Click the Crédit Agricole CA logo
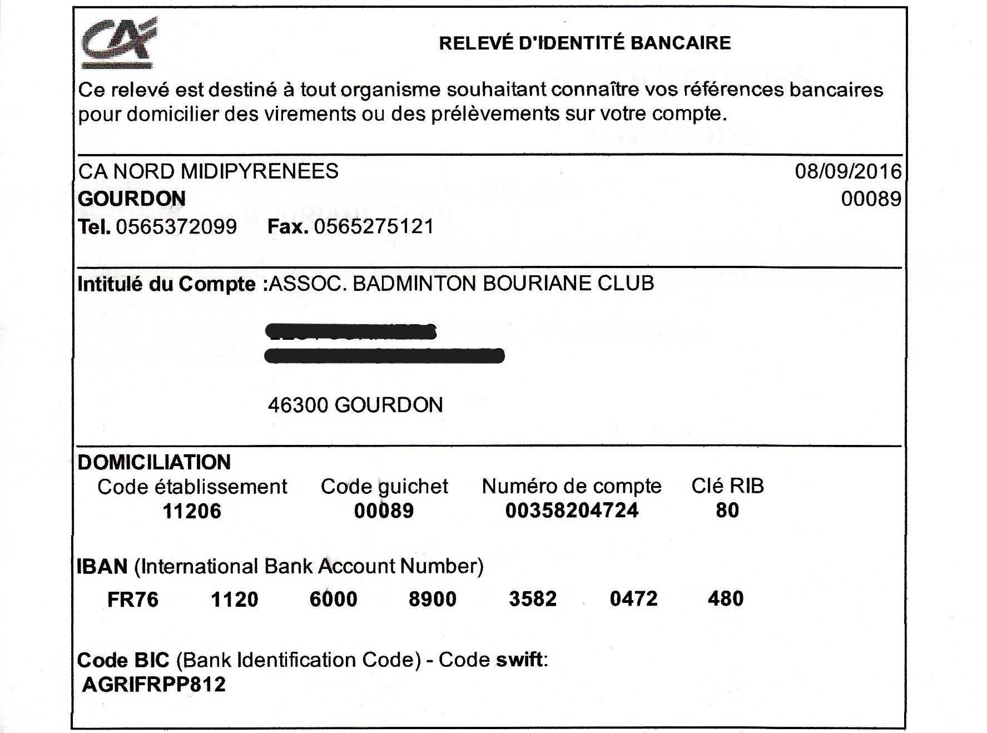pos(118,42)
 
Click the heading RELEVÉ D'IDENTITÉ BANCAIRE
pos(584,43)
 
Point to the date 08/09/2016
pos(847,171)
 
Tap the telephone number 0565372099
pos(176,227)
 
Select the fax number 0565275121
pos(374,227)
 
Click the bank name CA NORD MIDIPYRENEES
pos(208,171)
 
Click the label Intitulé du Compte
pos(167,284)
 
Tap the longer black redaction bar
pos(385,355)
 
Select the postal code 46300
pos(297,405)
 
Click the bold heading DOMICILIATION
pos(154,463)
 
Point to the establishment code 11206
pos(192,511)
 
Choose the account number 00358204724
pos(572,511)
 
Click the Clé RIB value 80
pos(727,511)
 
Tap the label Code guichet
pos(384,487)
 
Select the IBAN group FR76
pos(133,600)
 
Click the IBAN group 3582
pos(533,599)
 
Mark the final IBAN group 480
pos(726,599)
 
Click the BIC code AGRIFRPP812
pos(154,685)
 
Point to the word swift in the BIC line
pos(519,660)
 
